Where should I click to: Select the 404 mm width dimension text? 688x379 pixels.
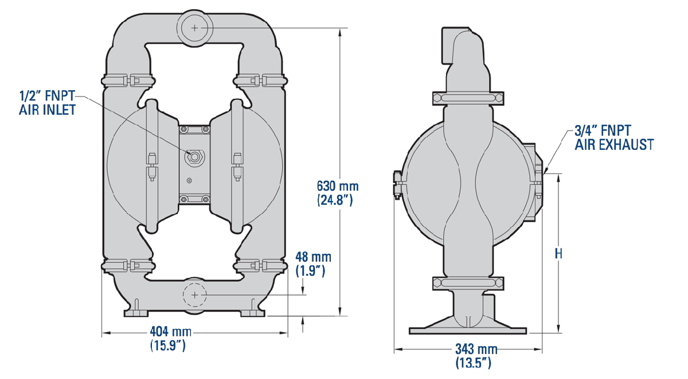tap(170, 332)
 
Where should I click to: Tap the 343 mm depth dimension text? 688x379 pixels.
tap(476, 349)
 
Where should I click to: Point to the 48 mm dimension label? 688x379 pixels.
tap(313, 257)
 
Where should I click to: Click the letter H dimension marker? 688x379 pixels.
tap(558, 254)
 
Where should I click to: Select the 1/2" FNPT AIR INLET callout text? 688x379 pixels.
tap(47, 103)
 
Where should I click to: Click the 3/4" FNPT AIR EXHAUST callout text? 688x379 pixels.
tap(614, 137)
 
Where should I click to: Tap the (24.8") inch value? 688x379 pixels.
tap(335, 200)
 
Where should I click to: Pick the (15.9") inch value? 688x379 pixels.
tap(167, 346)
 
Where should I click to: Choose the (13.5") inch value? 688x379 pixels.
tap(474, 363)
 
